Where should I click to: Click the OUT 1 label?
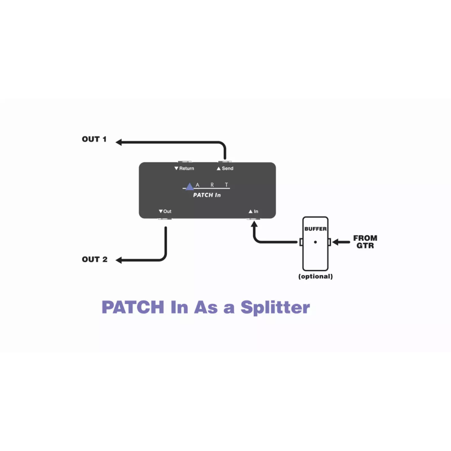(94, 139)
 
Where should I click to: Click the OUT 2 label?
(94, 260)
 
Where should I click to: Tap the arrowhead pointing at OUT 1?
(120, 143)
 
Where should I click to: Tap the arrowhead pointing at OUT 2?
(120, 260)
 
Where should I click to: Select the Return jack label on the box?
(184, 169)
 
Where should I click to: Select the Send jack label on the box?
(225, 169)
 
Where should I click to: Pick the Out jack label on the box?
(165, 211)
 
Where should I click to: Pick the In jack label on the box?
(253, 211)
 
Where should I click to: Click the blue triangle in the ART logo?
(189, 186)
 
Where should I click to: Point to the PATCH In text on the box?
(207, 195)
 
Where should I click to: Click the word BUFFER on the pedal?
(315, 229)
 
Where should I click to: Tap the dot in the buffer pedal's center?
(315, 242)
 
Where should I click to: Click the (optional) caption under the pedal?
(315, 277)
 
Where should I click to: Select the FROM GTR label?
(365, 242)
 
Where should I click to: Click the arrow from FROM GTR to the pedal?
(341, 242)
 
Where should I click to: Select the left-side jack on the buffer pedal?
(301, 242)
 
